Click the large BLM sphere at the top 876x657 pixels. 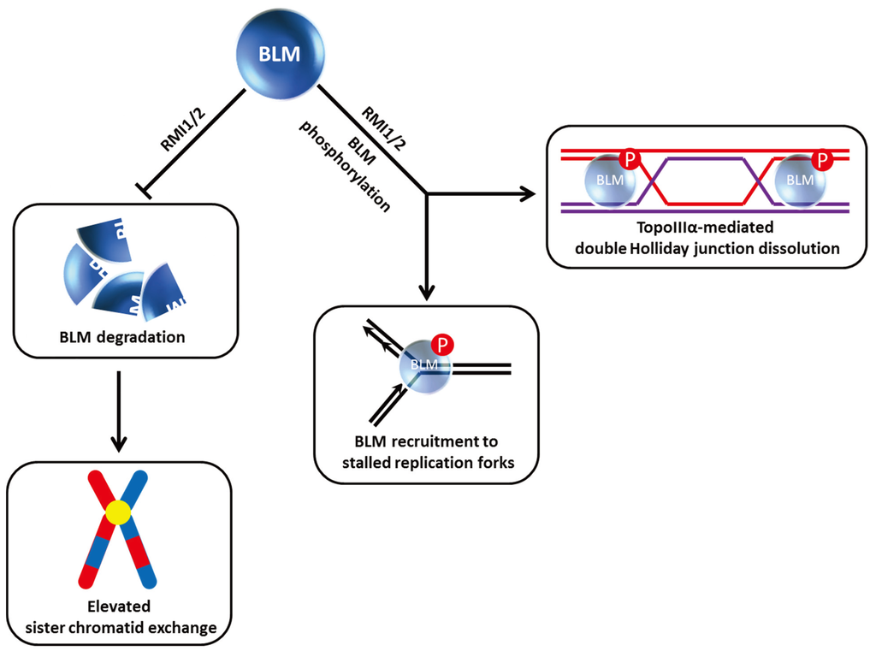(x=281, y=54)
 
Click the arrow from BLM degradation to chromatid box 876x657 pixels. (x=120, y=411)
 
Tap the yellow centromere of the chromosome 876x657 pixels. (x=118, y=512)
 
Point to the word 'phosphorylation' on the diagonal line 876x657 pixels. (x=346, y=166)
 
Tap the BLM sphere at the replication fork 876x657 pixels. (x=426, y=366)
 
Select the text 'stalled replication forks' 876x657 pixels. (x=426, y=464)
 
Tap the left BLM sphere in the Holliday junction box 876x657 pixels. (x=608, y=181)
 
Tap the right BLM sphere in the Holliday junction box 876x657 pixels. (x=799, y=181)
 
